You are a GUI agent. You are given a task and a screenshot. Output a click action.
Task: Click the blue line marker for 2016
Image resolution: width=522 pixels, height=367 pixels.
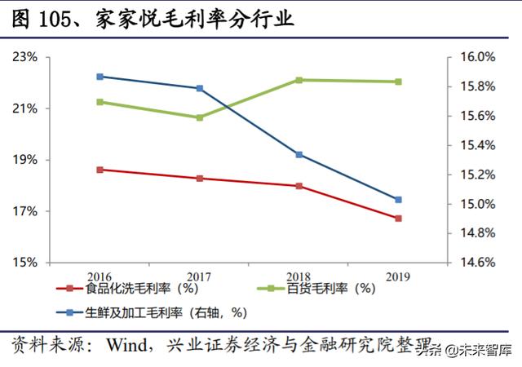point(100,77)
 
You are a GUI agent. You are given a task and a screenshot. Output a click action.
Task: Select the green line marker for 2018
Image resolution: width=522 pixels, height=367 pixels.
point(299,80)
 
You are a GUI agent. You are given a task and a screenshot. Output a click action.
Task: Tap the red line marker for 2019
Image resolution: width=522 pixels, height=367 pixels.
point(398,219)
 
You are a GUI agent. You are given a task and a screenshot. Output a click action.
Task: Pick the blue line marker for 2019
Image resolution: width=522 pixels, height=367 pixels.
point(398,199)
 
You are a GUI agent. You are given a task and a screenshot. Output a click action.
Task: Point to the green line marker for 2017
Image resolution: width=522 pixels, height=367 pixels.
point(199,117)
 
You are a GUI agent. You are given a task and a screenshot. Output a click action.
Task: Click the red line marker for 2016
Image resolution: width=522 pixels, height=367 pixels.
point(100,170)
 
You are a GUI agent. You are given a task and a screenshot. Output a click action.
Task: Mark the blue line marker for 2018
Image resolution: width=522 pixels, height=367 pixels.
point(299,154)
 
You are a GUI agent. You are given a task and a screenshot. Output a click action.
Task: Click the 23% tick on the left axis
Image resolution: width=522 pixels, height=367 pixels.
point(25,58)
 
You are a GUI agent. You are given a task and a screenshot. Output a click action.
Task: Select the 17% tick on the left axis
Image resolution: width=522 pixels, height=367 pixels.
point(25,212)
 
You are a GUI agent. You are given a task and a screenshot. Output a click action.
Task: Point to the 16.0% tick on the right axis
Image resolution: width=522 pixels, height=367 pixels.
point(473,58)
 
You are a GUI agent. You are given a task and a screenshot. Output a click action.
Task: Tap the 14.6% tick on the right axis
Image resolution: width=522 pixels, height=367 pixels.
point(473,263)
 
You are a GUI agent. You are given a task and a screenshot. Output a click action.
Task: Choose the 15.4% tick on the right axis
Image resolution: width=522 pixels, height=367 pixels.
point(473,146)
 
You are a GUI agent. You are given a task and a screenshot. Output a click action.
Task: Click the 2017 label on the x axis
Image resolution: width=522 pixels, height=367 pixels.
point(199,276)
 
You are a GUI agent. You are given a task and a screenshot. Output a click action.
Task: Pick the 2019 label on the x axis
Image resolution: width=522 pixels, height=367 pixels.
point(398,276)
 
